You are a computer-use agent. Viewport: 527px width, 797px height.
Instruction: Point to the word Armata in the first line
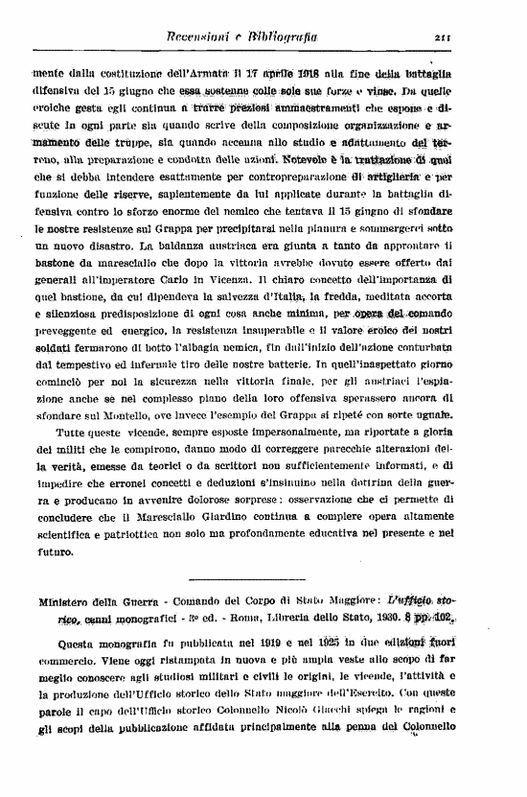[225, 73]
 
